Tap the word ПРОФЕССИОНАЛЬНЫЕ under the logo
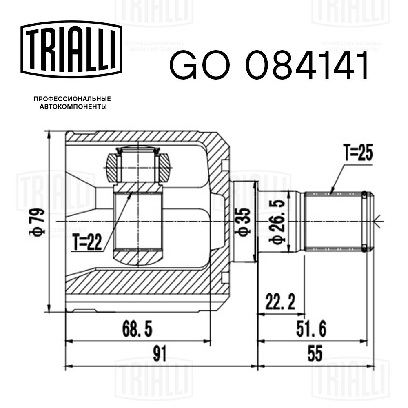pyautogui.click(x=72, y=99)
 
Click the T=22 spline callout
pyautogui.click(x=87, y=244)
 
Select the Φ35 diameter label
pyautogui.click(x=243, y=222)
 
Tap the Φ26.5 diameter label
pyautogui.click(x=277, y=222)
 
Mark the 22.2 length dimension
pyautogui.click(x=280, y=303)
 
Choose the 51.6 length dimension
pyautogui.click(x=311, y=328)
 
